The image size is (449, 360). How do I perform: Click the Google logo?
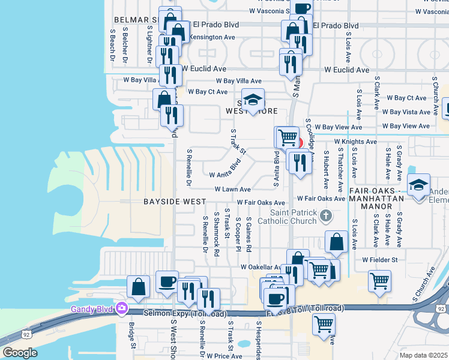(x=20, y=353)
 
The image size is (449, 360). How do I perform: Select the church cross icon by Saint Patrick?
(x=325, y=215)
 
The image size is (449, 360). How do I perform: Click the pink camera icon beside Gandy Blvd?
(x=122, y=308)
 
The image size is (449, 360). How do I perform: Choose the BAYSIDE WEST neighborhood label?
(x=175, y=202)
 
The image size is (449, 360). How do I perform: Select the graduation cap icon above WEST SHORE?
(x=253, y=99)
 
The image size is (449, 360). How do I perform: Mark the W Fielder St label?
(x=380, y=260)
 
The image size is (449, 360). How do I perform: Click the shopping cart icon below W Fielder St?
(x=379, y=280)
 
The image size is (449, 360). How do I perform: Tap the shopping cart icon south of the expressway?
(x=324, y=324)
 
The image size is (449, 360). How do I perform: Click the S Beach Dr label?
(x=112, y=46)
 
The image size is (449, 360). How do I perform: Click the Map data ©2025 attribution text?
(x=423, y=355)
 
